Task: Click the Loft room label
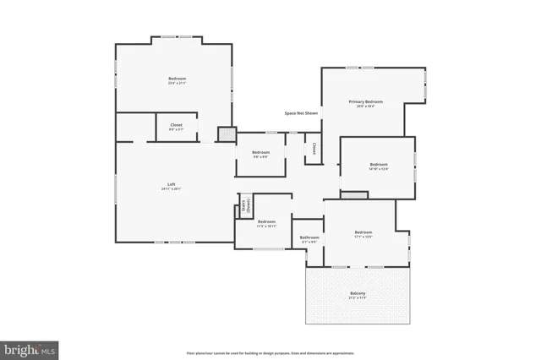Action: [171, 184]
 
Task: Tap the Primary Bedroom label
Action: [365, 101]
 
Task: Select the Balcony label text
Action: [358, 293]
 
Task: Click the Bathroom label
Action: [309, 237]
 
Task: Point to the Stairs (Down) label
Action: [245, 205]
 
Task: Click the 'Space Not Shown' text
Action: [301, 112]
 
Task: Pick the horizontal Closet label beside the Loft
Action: [176, 125]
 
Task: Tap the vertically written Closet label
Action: [314, 149]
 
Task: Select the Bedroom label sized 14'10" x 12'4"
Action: [378, 164]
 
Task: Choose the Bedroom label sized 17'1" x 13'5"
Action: [363, 232]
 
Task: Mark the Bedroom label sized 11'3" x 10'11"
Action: [267, 221]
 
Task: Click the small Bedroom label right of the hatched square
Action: [260, 152]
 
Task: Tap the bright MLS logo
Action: [30, 348]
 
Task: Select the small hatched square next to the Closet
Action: [226, 134]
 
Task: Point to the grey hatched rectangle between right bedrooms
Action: [355, 194]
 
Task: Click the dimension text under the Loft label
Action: [171, 189]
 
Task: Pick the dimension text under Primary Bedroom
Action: [365, 106]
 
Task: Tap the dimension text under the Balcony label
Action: [358, 298]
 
